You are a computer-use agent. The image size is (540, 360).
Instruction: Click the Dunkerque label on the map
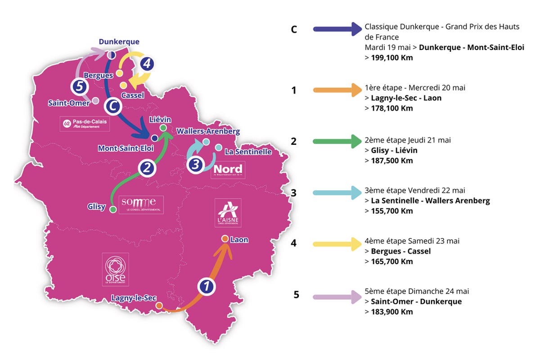pyautogui.click(x=119, y=42)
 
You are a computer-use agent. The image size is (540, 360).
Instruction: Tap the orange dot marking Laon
pyautogui.click(x=224, y=239)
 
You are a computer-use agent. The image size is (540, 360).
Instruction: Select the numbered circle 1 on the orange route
pyautogui.click(x=206, y=286)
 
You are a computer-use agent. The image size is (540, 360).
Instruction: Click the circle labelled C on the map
pyautogui.click(x=112, y=107)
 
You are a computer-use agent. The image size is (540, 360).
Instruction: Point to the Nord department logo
pyautogui.click(x=228, y=170)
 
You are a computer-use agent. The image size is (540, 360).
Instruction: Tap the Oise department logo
pyautogui.click(x=115, y=269)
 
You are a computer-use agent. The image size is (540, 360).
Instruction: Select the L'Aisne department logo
pyautogui.click(x=228, y=213)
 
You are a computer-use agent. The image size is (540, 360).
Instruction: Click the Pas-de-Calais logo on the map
pyautogui.click(x=85, y=124)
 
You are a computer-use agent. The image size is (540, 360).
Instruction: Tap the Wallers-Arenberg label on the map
pyautogui.click(x=208, y=131)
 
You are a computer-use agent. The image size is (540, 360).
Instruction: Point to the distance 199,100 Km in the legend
pyautogui.click(x=391, y=58)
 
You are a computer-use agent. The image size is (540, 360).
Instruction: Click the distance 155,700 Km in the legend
pyautogui.click(x=391, y=211)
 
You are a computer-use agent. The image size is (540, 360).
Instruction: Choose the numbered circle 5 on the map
pyautogui.click(x=79, y=87)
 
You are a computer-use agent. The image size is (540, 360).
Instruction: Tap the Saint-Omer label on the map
pyautogui.click(x=69, y=103)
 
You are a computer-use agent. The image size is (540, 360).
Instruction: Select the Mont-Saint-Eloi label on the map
pyautogui.click(x=126, y=148)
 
